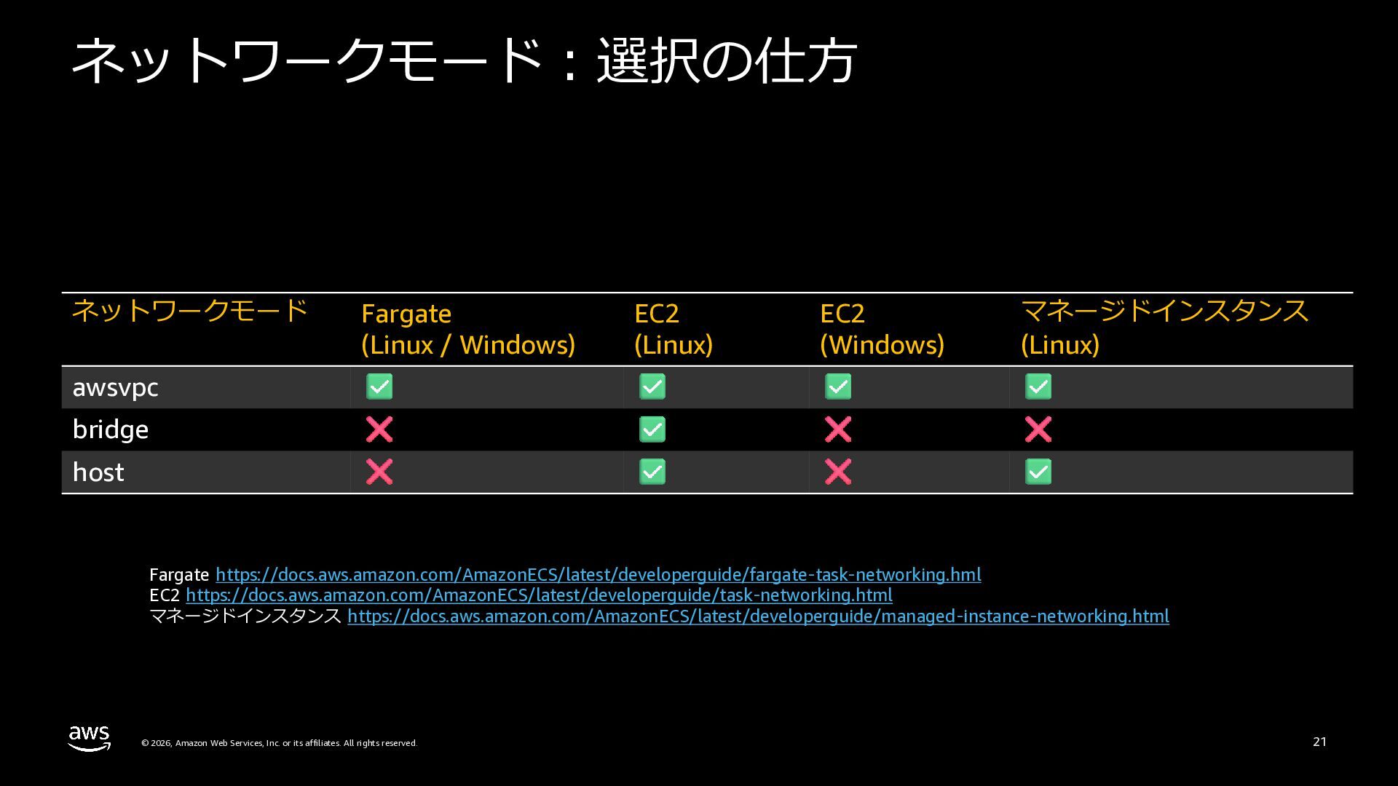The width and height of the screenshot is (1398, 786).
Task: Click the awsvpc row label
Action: (x=115, y=387)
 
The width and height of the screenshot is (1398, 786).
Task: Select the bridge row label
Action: (x=111, y=429)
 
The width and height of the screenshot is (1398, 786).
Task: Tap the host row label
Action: (x=98, y=472)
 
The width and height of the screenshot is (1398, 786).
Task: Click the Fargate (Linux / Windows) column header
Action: (x=467, y=329)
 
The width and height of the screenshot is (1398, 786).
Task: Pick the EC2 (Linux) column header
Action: (x=673, y=329)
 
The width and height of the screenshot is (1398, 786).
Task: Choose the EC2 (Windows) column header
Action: (x=881, y=329)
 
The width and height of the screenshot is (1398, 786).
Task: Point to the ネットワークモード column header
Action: (x=190, y=311)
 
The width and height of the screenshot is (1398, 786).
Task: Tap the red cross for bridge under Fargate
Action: (x=379, y=429)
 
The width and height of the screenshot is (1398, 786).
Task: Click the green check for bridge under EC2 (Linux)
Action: (x=652, y=429)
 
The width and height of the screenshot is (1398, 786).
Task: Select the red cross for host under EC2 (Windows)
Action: (x=838, y=472)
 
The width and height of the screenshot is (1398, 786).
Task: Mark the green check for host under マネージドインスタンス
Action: (x=1038, y=472)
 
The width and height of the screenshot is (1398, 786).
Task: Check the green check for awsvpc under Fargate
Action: (x=379, y=386)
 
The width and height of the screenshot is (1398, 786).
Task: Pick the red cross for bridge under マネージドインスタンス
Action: (x=1038, y=429)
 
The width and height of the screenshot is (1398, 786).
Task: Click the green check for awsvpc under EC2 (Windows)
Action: (x=838, y=386)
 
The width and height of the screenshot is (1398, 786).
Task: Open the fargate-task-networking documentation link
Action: (x=598, y=575)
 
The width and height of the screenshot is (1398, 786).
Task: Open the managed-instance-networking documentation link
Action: (x=758, y=616)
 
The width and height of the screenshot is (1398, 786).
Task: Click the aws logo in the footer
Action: (x=90, y=738)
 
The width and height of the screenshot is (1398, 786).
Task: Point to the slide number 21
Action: (x=1319, y=742)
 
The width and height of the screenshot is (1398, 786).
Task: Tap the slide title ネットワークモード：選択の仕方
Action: (x=464, y=60)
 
